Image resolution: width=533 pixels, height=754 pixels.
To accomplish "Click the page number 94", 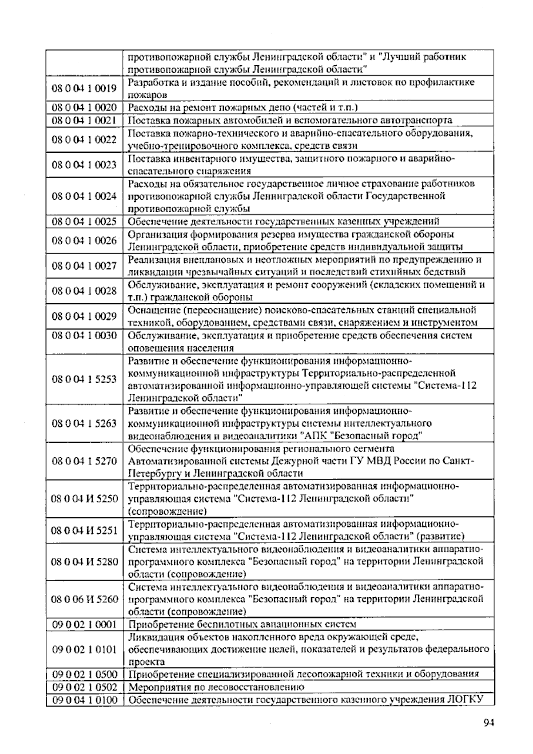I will click(x=488, y=722).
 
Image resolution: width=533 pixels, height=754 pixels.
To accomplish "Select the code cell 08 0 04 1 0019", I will click(x=84, y=88).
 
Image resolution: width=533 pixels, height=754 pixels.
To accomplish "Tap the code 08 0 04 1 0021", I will click(x=84, y=120).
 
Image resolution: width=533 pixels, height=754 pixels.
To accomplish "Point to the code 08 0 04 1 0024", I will click(x=84, y=196).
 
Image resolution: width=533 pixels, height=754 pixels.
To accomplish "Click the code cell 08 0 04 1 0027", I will click(x=84, y=266).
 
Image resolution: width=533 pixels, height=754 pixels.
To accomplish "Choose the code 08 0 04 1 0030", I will click(x=84, y=336).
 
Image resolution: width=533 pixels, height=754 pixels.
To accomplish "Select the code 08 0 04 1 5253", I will click(x=84, y=379).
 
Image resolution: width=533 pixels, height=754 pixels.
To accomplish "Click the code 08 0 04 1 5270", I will click(x=84, y=461).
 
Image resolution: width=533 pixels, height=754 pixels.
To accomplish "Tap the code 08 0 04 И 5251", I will click(x=84, y=530).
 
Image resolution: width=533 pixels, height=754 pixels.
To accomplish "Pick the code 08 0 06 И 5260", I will click(x=84, y=599).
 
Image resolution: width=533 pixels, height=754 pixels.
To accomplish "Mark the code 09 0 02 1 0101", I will click(x=84, y=650).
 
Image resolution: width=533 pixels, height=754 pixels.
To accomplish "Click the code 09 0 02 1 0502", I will click(x=84, y=687).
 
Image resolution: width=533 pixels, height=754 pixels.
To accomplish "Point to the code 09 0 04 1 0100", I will click(x=84, y=700).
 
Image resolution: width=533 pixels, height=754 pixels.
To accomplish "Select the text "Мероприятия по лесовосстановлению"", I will click(x=216, y=687).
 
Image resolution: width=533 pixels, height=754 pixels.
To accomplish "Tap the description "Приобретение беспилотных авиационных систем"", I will click(x=242, y=624).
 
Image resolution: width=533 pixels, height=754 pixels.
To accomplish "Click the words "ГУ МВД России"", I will click(x=397, y=461).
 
